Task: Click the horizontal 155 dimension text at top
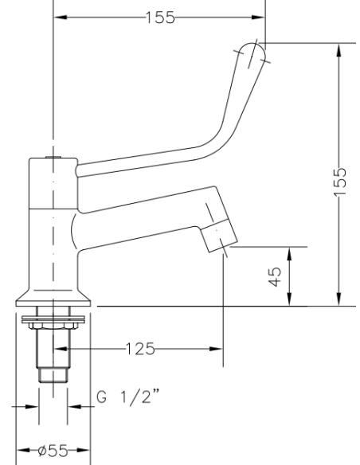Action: (x=160, y=17)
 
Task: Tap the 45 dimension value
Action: (x=276, y=275)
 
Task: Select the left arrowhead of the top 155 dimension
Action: (x=60, y=17)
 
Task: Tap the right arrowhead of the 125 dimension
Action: (x=215, y=348)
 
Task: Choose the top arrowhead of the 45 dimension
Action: (x=290, y=252)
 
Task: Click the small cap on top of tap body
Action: (x=53, y=158)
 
